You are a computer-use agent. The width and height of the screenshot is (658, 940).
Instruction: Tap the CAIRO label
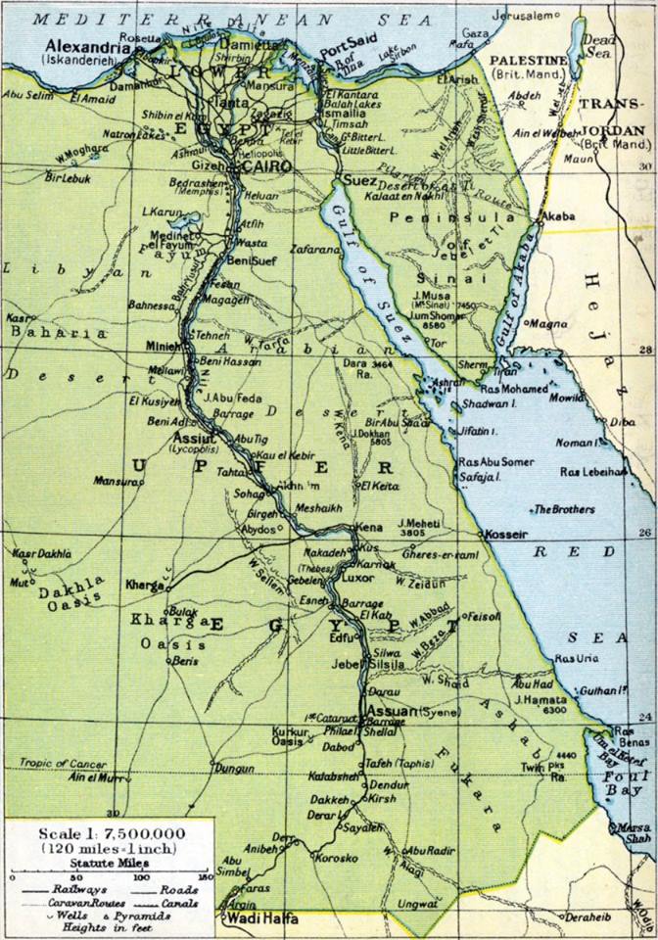[x=277, y=167]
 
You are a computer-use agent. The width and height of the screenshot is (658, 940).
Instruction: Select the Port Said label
[x=341, y=45]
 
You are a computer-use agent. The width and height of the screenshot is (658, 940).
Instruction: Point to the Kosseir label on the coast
[x=506, y=535]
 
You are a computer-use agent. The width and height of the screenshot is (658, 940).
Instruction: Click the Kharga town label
[x=144, y=586]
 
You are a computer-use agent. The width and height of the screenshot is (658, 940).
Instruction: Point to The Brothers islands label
[x=562, y=509]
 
